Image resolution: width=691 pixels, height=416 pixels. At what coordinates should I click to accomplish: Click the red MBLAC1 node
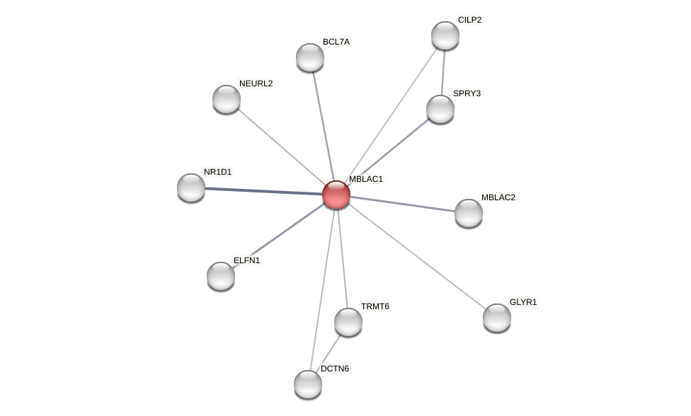[x=336, y=195]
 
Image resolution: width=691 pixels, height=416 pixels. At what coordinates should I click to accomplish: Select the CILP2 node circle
[x=445, y=35]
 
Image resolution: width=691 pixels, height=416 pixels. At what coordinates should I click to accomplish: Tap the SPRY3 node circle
[x=440, y=109]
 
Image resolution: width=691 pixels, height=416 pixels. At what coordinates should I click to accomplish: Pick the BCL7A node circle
[x=310, y=57]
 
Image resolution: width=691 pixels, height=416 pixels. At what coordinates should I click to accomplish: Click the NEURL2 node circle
[x=227, y=99]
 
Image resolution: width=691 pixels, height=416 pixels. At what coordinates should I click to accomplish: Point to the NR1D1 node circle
[x=191, y=187]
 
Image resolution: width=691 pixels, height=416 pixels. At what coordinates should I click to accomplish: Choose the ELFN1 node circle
[x=221, y=276]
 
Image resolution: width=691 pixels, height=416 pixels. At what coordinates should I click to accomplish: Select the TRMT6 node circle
[x=348, y=322]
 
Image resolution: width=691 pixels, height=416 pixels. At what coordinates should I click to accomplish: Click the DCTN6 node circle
[x=308, y=384]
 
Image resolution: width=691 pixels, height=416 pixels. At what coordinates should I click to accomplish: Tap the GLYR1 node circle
[x=497, y=318]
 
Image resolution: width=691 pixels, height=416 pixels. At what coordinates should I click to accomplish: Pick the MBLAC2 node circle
[x=469, y=213]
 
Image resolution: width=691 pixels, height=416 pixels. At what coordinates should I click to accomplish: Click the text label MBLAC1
[x=365, y=179]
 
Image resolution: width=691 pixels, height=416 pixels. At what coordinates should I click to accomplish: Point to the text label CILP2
[x=469, y=20]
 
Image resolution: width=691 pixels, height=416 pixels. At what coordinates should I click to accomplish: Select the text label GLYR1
[x=523, y=302]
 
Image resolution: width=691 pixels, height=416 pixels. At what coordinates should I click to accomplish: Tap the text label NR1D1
[x=217, y=172]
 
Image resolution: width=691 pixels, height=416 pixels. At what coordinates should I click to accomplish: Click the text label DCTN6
[x=334, y=369]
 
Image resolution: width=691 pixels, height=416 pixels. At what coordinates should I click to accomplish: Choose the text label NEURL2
[x=256, y=83]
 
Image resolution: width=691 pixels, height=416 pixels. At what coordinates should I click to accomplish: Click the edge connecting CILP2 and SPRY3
[x=443, y=72]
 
